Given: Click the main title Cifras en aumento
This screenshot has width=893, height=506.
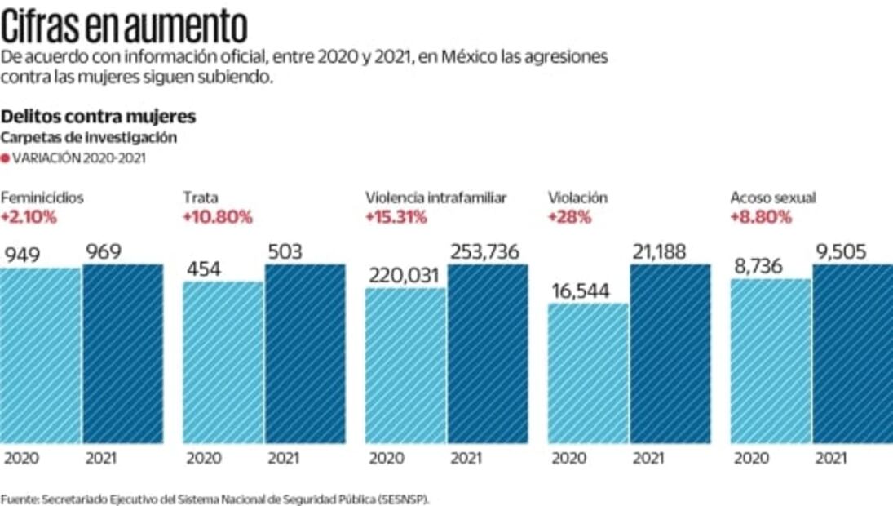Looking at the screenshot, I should tap(124, 26).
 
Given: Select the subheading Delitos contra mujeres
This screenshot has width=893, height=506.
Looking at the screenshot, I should tap(98, 118).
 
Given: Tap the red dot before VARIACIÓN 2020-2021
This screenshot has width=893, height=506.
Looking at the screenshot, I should tap(5, 159).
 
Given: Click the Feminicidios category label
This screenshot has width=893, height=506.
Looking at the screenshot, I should tap(42, 198).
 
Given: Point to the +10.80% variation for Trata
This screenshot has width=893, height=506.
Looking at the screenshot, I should tap(217, 217).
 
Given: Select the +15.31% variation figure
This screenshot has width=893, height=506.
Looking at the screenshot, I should tap(396, 217).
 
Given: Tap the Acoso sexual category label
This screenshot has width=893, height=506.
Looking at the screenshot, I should tap(773, 198).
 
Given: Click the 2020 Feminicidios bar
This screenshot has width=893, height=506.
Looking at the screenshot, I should tap(40, 355).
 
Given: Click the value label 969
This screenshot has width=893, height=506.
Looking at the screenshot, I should tap(103, 252).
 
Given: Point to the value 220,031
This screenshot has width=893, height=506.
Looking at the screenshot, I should tap(405, 277).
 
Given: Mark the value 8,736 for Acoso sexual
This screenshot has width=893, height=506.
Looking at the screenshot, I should tap(763, 267).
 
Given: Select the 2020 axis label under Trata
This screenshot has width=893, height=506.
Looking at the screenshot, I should tap(204, 459).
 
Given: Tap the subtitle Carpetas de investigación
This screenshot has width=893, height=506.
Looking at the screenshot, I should tap(89, 138).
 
